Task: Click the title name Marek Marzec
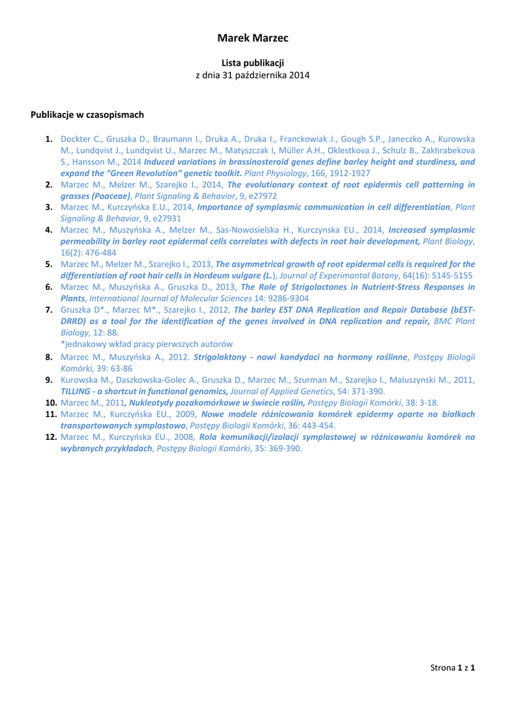point(253,38)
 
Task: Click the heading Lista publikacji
point(253,63)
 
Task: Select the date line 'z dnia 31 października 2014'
point(253,75)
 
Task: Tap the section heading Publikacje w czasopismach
point(87,115)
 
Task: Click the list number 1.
point(50,139)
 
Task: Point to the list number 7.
point(50,310)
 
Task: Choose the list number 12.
point(50,437)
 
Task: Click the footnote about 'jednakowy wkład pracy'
point(147,344)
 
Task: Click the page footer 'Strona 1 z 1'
point(452,669)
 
